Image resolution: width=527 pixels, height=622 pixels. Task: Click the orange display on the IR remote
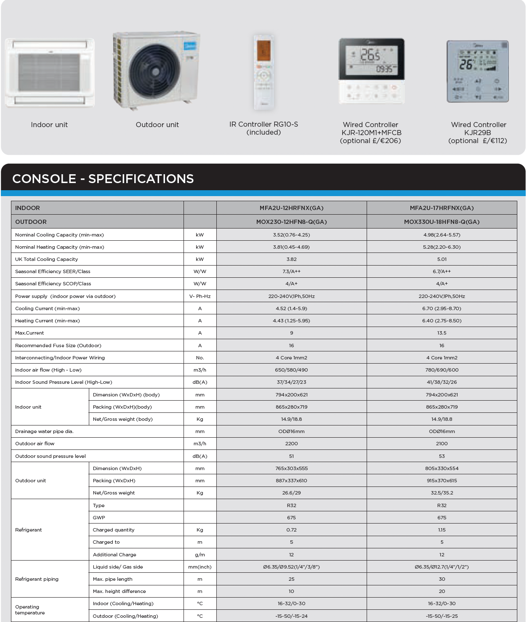point(263,51)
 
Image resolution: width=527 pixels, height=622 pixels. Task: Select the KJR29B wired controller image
point(478,72)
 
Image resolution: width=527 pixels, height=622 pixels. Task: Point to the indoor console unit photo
point(50,72)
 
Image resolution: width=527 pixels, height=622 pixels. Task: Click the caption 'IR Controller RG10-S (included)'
point(263,128)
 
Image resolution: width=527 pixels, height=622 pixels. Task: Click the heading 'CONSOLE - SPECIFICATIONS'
point(103,179)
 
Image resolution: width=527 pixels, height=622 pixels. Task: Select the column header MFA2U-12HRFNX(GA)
point(291,208)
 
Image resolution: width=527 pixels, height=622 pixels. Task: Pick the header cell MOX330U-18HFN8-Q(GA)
point(442,222)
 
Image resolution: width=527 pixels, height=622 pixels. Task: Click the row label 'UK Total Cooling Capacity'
point(46,259)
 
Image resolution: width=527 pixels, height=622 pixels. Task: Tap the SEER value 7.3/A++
point(291,271)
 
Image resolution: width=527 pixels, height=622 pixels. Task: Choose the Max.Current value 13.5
point(442,333)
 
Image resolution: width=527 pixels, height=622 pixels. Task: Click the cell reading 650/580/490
point(291,370)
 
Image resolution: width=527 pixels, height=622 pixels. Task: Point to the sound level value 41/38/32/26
point(442,382)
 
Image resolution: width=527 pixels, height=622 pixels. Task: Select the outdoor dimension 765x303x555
point(291,468)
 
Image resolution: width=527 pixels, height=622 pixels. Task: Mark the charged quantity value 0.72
point(291,530)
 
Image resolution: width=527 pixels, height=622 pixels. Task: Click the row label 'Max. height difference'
point(119,591)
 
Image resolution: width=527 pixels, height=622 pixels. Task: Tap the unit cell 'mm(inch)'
point(200,567)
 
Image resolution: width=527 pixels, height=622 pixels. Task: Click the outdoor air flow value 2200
point(291,444)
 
